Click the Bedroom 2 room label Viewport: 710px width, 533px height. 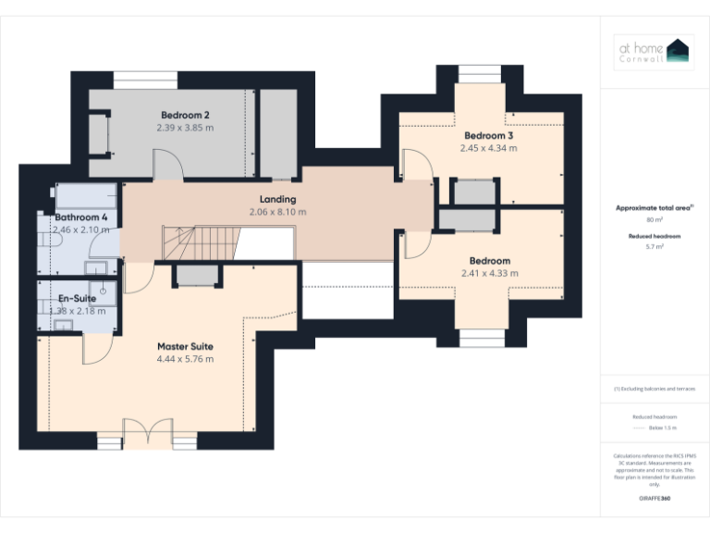(185, 115)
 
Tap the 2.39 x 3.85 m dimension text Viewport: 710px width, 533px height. (185, 128)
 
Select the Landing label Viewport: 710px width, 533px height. (277, 199)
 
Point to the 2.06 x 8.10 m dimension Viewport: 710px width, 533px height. (277, 212)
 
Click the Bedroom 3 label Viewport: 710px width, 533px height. (488, 134)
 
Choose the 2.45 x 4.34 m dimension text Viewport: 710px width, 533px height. (488, 147)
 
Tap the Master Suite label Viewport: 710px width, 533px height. (185, 346)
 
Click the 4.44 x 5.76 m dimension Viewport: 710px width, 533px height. (185, 359)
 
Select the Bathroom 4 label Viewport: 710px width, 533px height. (80, 217)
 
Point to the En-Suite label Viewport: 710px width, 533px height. (77, 299)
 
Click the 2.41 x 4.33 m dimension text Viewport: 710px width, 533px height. (489, 273)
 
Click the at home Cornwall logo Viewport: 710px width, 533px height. (654, 53)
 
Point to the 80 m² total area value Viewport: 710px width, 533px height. (654, 220)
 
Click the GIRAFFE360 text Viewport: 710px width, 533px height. (654, 500)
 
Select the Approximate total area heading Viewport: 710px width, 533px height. (653, 208)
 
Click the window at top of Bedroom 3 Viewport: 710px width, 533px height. (480, 74)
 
